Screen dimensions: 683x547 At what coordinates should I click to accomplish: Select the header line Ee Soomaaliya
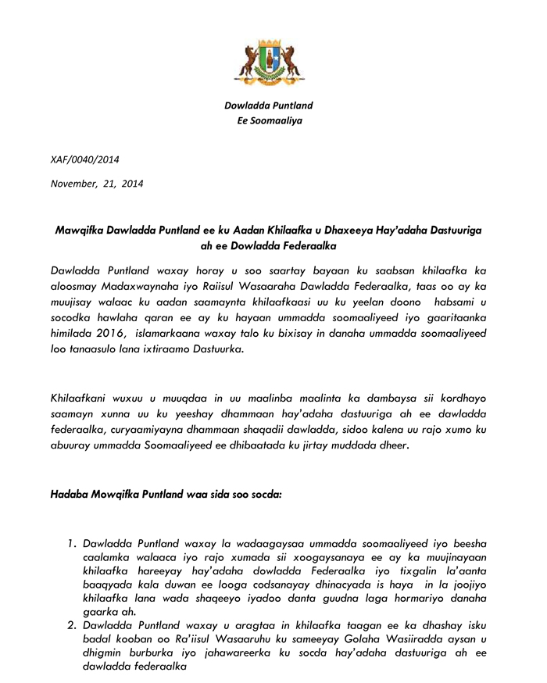pos(269,120)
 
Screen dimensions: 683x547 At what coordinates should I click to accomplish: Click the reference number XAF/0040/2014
pos(84,159)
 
